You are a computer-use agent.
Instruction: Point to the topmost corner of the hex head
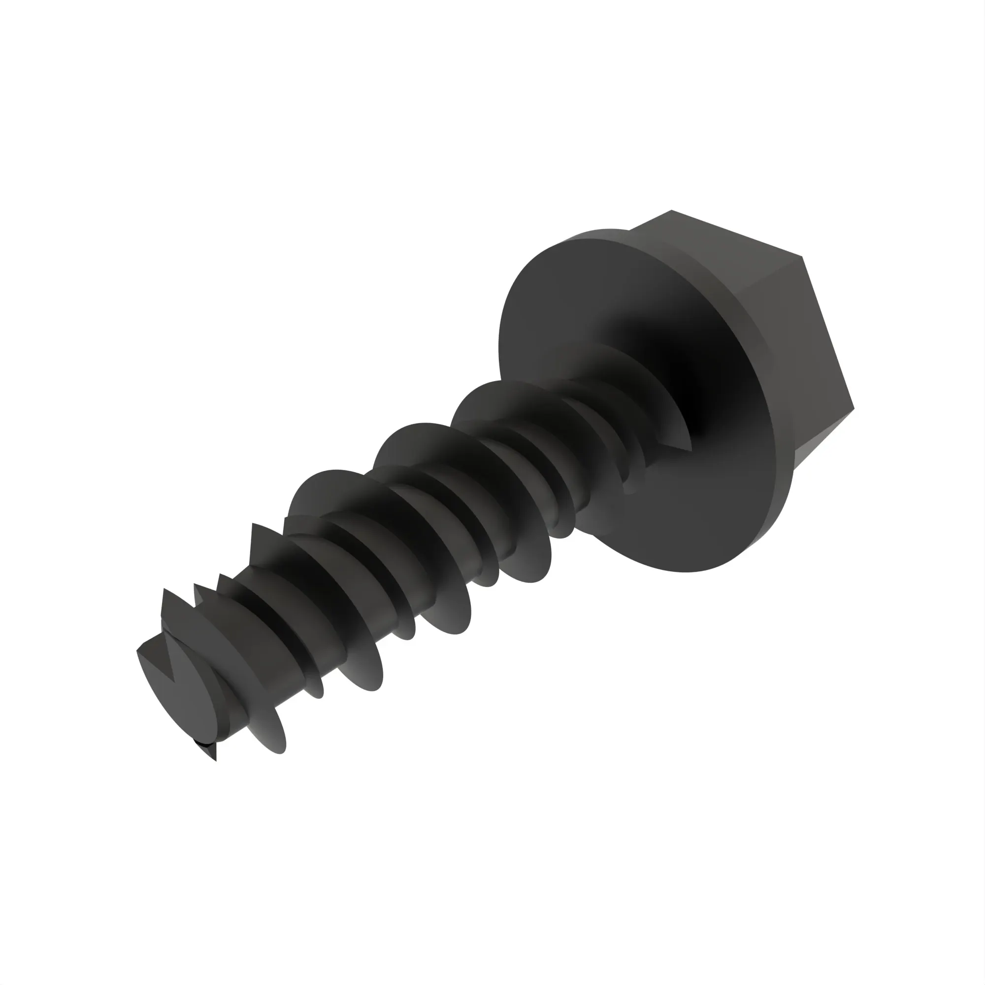coord(671,210)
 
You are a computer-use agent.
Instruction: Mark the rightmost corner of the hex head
coord(854,408)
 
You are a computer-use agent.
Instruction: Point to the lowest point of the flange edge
coord(683,571)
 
